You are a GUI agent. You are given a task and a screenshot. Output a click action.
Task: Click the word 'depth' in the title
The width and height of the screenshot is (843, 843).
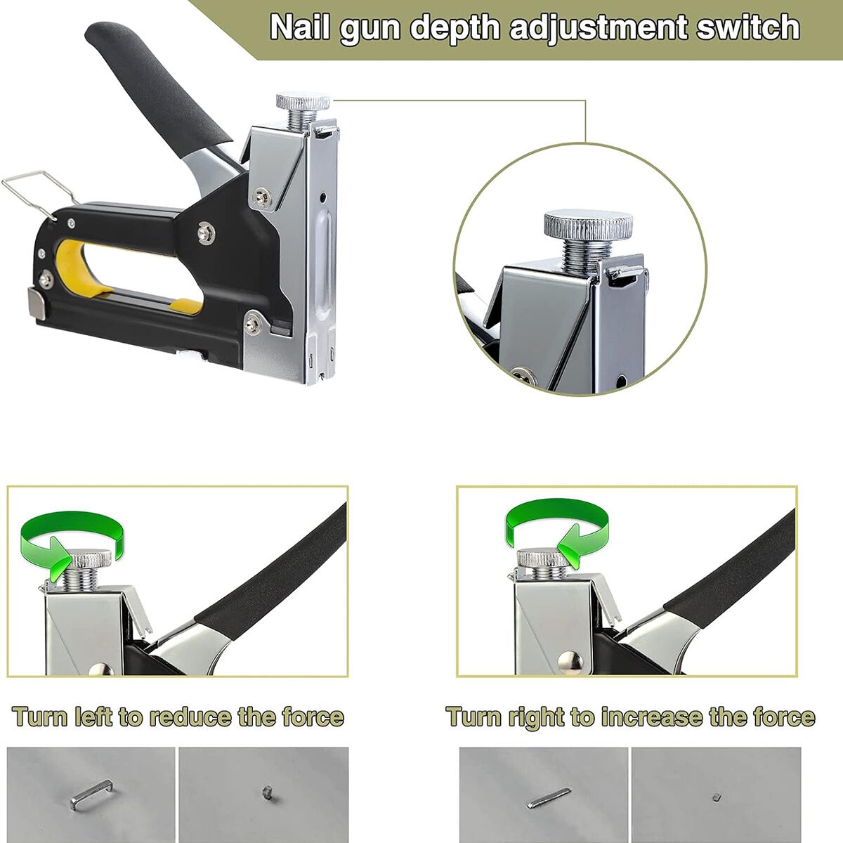(455, 29)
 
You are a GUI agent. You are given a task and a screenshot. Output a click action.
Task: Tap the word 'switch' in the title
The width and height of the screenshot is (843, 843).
(748, 27)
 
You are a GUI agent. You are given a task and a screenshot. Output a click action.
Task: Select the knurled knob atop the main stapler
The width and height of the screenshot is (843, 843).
(303, 101)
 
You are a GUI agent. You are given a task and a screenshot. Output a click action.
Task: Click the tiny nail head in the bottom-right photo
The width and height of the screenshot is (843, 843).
(717, 797)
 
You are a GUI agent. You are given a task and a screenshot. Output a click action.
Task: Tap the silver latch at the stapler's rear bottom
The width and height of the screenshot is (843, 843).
(37, 303)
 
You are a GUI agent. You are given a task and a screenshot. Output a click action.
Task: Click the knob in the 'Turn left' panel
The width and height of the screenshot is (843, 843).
(90, 557)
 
